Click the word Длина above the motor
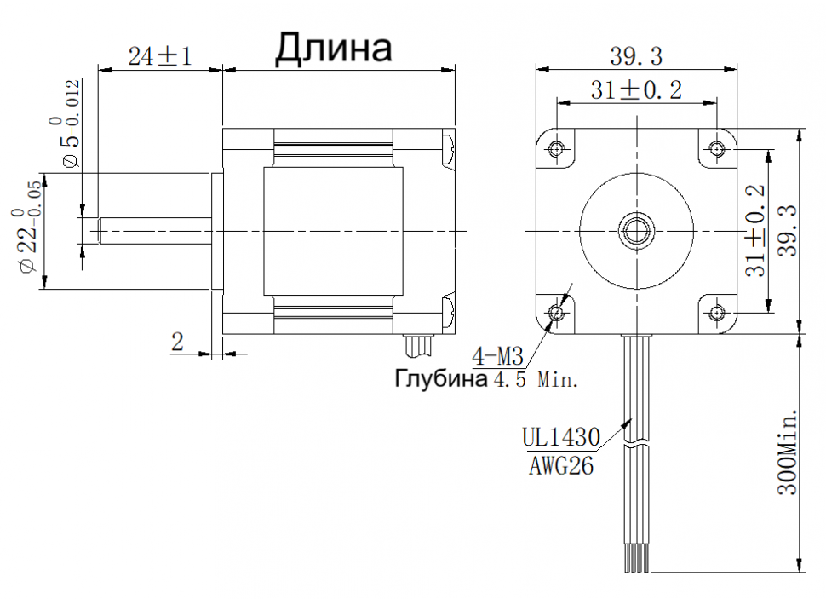(334, 49)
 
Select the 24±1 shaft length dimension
(160, 56)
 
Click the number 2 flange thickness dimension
(177, 342)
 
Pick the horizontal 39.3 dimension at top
(636, 56)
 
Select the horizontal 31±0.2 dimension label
(636, 89)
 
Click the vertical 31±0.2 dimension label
(755, 230)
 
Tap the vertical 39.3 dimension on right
(788, 230)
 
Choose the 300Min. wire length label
(788, 452)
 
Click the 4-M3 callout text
(498, 356)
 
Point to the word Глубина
(441, 378)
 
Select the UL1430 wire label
(561, 437)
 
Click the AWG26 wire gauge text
(561, 465)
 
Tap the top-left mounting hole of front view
(557, 149)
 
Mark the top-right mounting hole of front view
(716, 149)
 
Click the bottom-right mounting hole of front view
(716, 314)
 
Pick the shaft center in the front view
(636, 231)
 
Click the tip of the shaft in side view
(99, 231)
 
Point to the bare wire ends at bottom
(636, 564)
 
